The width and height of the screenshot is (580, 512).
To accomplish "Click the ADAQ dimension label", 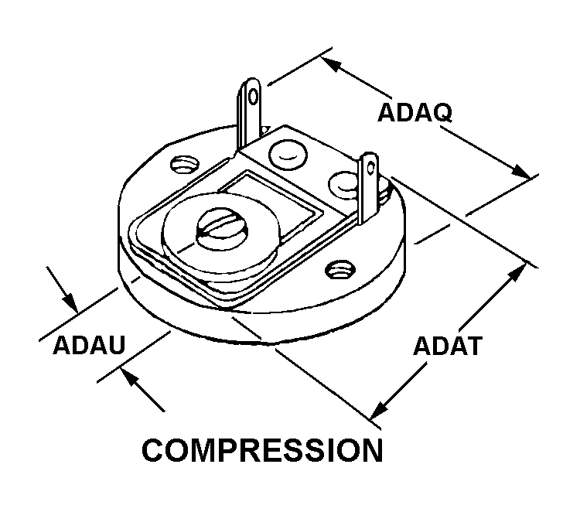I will point(414,112).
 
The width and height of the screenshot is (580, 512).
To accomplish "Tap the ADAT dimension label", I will point(447,345).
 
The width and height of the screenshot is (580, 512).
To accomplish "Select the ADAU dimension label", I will point(89,345).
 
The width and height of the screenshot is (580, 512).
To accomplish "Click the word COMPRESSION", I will point(262,450).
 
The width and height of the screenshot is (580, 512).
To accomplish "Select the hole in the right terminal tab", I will point(370,166).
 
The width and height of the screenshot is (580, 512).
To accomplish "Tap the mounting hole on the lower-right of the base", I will point(338,270).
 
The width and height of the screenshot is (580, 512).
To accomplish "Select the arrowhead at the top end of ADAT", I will point(519,273).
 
